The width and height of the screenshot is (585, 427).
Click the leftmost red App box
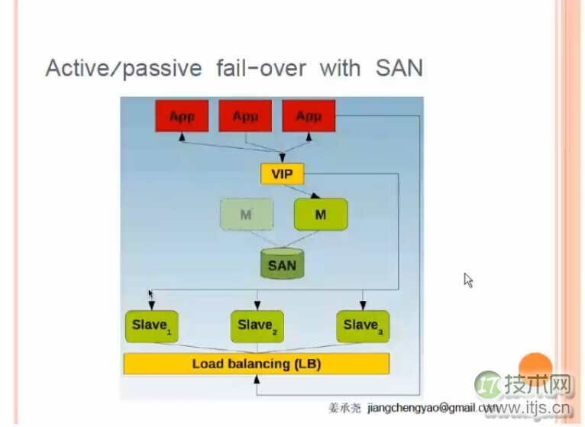(182, 117)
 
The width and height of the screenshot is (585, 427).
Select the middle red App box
(245, 117)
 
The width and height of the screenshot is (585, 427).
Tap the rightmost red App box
(309, 117)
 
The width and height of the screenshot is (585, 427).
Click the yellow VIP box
(282, 174)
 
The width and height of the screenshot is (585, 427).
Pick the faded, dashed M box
(246, 215)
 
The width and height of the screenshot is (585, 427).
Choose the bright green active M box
(320, 215)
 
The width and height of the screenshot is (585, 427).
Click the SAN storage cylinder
(281, 264)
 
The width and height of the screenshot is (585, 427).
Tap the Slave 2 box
(257, 326)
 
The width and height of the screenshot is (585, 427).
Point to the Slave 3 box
(363, 326)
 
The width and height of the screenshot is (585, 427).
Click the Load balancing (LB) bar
(257, 364)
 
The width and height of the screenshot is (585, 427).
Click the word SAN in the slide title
(398, 68)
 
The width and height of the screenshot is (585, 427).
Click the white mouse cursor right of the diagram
(468, 280)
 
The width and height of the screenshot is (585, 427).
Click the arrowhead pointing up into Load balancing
(257, 379)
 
